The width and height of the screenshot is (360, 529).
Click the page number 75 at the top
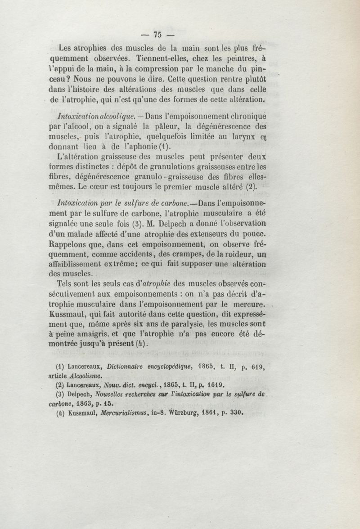pos(157,34)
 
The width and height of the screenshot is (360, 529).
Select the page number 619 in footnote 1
pos(257,366)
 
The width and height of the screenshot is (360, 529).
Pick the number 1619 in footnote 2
pos(214,385)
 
